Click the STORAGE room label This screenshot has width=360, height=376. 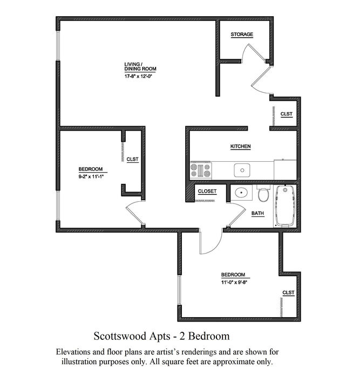(x=242, y=35)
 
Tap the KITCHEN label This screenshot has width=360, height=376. (x=241, y=146)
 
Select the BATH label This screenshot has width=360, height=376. (x=257, y=213)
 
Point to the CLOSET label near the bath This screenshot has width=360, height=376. (x=207, y=191)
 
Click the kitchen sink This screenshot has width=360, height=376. (x=242, y=170)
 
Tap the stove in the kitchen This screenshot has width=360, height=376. (x=201, y=170)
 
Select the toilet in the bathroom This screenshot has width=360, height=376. (x=263, y=193)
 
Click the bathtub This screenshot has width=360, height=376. (x=285, y=206)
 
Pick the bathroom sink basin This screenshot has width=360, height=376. (x=241, y=193)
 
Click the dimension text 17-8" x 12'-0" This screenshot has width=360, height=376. (x=139, y=77)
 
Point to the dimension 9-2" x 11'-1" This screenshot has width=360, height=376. (x=92, y=177)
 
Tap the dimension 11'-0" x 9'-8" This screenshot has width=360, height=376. (x=234, y=282)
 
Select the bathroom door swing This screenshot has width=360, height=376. (x=237, y=214)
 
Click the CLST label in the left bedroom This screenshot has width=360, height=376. (x=132, y=159)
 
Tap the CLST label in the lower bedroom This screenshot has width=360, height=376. (x=288, y=292)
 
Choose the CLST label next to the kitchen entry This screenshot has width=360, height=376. (x=287, y=114)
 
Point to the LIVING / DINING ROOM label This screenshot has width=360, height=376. (x=140, y=67)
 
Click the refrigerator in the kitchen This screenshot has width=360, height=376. (x=286, y=169)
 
